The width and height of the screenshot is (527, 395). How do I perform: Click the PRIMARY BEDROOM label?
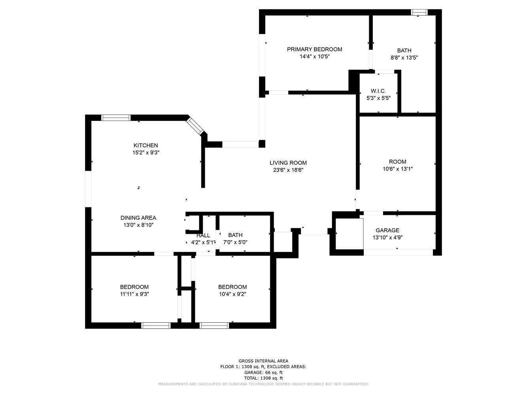tap(314, 49)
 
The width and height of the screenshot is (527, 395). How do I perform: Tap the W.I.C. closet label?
tap(378, 91)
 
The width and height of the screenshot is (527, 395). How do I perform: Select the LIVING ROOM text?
tap(288, 163)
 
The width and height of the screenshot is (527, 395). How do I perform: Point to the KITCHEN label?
tap(146, 145)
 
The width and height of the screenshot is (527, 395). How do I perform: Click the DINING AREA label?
tap(138, 218)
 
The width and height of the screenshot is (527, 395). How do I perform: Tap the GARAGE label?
tap(387, 230)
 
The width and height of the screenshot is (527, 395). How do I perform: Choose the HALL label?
tap(203, 235)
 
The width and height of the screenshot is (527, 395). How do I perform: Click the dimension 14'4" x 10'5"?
tap(315, 56)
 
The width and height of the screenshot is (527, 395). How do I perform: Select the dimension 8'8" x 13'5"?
tap(404, 58)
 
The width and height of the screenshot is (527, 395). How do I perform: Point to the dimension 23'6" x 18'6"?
tap(288, 170)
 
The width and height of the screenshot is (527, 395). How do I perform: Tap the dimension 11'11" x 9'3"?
tap(134, 294)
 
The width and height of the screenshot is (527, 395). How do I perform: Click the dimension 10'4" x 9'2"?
tap(232, 294)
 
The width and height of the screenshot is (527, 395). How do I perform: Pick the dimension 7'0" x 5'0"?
tap(235, 243)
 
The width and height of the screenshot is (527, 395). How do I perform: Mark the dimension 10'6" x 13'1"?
tap(398, 169)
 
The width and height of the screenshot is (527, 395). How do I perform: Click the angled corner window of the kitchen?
tap(195, 126)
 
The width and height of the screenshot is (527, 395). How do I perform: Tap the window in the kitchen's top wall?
tap(116, 118)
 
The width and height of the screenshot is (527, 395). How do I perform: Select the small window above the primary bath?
tap(419, 12)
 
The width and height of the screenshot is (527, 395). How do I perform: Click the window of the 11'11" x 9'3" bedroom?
tap(156, 325)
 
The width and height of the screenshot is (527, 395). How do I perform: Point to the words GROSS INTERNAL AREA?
tap(263, 361)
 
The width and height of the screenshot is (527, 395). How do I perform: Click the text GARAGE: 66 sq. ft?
tap(263, 372)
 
